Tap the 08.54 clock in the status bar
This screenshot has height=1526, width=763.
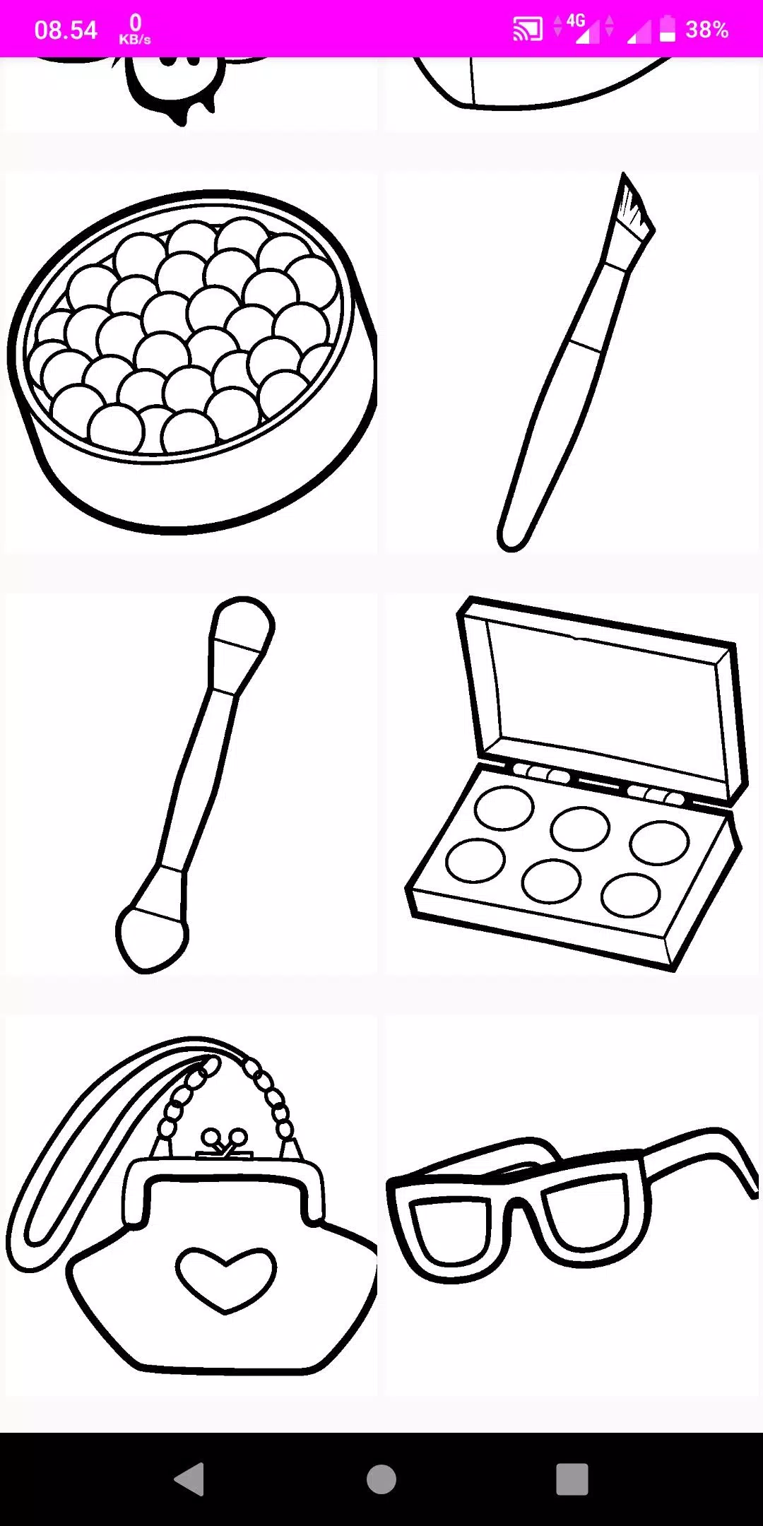click(x=65, y=30)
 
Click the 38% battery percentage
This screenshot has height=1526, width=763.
click(x=706, y=30)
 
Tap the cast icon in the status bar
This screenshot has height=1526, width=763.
click(x=527, y=29)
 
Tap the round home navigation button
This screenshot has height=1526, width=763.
click(x=381, y=1479)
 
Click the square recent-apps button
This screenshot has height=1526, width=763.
click(x=572, y=1479)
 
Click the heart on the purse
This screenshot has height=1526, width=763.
click(x=225, y=1277)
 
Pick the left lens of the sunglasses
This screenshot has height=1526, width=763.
click(x=449, y=1228)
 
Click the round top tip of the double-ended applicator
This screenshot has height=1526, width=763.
click(x=242, y=624)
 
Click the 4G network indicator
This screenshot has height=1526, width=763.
click(x=576, y=23)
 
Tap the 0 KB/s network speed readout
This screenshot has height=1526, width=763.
click(x=135, y=30)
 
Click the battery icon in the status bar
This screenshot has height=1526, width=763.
click(x=668, y=29)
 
